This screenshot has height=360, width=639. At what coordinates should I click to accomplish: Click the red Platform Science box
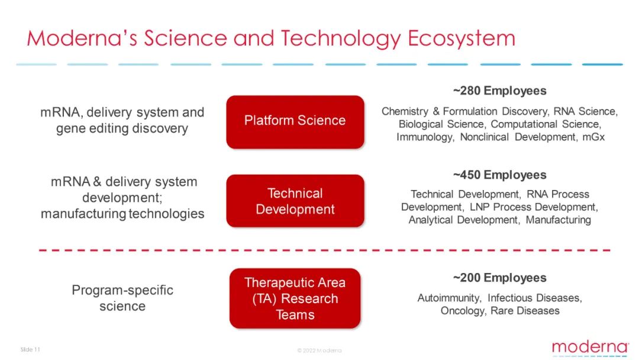(295, 122)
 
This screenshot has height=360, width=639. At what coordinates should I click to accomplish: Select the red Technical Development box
(295, 201)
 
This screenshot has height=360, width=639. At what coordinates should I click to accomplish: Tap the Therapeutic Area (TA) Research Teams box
(295, 298)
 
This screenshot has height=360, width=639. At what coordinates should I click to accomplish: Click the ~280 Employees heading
(499, 91)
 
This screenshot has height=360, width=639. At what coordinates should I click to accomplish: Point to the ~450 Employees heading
(499, 175)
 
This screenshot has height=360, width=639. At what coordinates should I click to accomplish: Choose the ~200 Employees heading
(499, 278)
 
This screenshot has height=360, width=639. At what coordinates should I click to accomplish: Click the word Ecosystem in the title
(461, 38)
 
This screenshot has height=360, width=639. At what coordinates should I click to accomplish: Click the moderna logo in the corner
(590, 348)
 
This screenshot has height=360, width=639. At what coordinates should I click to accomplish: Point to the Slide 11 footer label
(30, 349)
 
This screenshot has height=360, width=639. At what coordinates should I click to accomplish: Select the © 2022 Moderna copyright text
(319, 350)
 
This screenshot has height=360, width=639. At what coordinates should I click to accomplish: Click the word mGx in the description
(593, 137)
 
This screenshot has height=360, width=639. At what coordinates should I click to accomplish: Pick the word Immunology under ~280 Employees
(425, 137)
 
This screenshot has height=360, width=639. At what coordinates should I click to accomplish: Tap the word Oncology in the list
(463, 311)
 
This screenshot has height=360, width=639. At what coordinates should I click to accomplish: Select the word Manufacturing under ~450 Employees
(559, 220)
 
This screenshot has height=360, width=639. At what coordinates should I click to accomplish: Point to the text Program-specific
(122, 290)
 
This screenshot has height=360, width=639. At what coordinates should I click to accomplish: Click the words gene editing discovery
(122, 129)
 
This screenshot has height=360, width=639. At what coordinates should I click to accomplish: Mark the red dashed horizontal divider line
(325, 250)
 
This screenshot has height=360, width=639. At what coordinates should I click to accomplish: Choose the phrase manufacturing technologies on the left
(122, 214)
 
